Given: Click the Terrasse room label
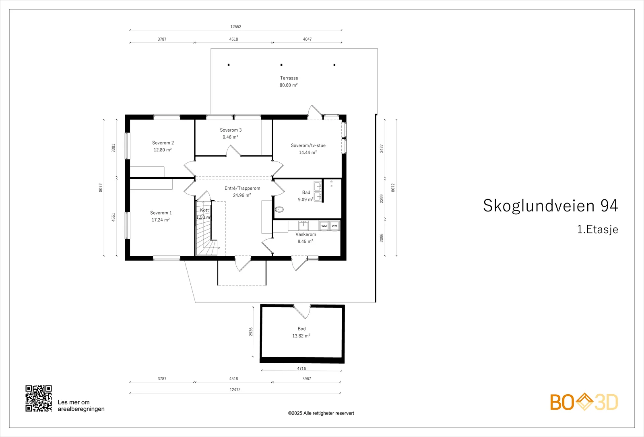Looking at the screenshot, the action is tap(289, 78).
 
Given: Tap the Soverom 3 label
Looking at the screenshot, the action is tap(231, 130).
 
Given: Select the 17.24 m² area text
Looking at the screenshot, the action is tap(161, 220).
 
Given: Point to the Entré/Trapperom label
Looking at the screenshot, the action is tap(242, 188).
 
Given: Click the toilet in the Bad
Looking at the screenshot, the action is tap(279, 209).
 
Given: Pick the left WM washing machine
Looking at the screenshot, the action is tap(324, 226).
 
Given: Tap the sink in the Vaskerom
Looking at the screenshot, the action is tap(303, 226).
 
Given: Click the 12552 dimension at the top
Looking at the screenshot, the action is tap(236, 27).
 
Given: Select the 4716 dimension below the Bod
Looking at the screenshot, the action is tap(301, 369).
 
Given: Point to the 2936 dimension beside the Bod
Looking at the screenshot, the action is tap(251, 332).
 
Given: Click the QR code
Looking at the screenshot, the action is tap(39, 398).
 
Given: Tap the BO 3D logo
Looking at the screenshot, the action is tap(584, 402).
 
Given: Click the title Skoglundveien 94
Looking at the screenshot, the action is tap(550, 206).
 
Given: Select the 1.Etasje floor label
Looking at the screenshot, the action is tap(598, 229).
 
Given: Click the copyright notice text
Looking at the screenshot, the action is tap(321, 413).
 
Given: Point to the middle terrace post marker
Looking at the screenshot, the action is tap(281, 65).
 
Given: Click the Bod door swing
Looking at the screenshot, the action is tap(302, 311).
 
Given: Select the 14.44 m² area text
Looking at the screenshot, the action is tap(308, 153).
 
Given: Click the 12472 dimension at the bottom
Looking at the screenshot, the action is tap(235, 390).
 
